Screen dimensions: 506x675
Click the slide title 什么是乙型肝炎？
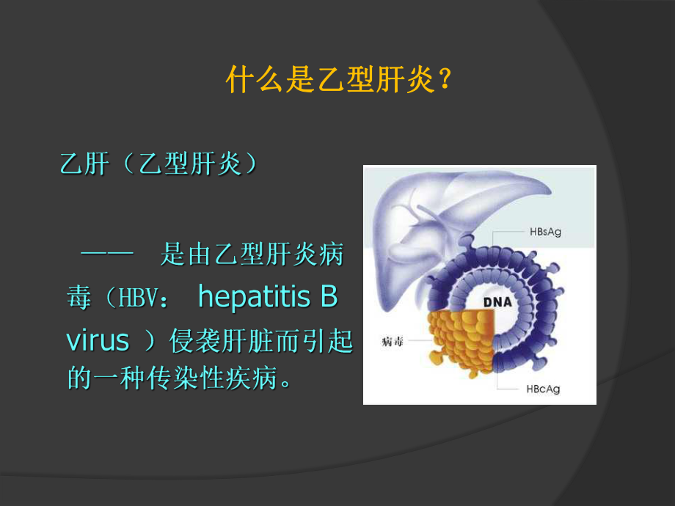tap(337, 80)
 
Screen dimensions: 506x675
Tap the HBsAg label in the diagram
tap(545, 232)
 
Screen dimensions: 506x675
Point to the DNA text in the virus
tap(497, 302)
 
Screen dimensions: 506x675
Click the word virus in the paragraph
tap(98, 340)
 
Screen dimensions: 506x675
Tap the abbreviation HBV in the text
tap(137, 299)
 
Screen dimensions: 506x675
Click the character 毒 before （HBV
tap(79, 298)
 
